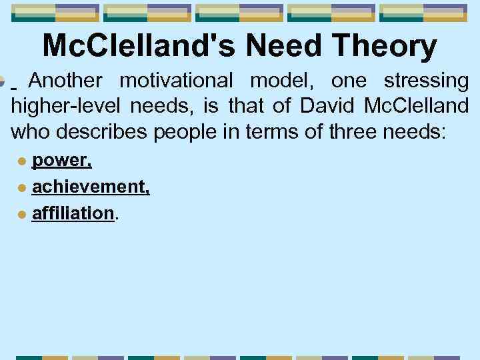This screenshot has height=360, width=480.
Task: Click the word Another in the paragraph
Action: (x=66, y=81)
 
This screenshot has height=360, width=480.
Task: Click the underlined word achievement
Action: (x=91, y=188)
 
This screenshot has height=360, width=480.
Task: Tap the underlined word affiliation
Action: (x=73, y=213)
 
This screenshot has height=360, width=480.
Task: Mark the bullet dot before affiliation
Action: (x=22, y=214)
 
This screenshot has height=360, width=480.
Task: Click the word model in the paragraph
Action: (x=283, y=81)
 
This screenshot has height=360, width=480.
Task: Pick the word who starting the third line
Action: (x=31, y=131)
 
